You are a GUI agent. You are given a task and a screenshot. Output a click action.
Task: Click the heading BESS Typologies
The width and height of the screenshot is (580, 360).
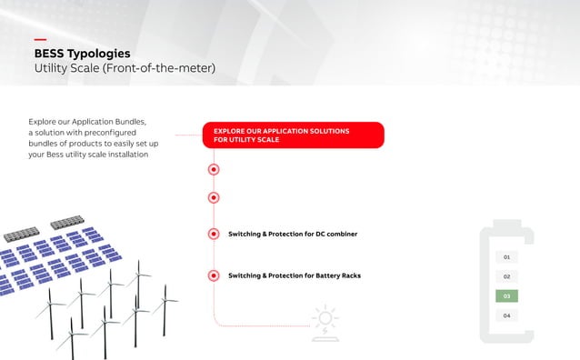[82, 54]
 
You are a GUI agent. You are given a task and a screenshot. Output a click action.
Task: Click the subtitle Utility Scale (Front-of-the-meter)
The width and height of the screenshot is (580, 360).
[125, 68]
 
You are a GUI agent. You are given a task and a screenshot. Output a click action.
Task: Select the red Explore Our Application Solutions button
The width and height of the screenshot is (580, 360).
[293, 135]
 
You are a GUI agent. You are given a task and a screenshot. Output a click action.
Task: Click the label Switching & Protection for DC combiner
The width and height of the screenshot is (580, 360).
[292, 234]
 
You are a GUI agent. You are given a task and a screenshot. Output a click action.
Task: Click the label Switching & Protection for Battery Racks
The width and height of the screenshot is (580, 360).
[294, 275]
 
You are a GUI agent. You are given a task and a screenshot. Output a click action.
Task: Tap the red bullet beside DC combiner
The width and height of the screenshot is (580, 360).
[214, 234]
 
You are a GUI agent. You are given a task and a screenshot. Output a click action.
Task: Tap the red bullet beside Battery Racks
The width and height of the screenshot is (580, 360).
[214, 275]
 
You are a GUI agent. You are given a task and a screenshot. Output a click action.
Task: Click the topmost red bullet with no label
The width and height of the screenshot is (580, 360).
[214, 168]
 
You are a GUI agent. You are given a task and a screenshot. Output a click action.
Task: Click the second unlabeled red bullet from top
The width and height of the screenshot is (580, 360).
[214, 197]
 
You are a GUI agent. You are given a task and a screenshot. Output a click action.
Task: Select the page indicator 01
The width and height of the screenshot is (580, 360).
[506, 257]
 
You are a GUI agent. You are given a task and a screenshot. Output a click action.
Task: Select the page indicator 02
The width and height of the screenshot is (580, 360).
[506, 276]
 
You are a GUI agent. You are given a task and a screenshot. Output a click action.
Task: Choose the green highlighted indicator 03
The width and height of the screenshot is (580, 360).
[506, 295]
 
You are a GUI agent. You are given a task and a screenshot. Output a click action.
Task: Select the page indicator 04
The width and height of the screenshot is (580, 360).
[506, 315]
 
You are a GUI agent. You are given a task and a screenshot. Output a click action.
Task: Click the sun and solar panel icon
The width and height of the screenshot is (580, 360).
[324, 321]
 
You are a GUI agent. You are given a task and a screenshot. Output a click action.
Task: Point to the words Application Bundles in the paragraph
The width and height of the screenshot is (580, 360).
[114, 121]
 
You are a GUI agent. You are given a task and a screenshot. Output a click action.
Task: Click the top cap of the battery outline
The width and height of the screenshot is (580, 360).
[506, 221]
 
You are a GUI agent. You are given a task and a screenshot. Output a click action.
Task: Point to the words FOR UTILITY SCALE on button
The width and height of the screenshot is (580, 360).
[246, 140]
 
